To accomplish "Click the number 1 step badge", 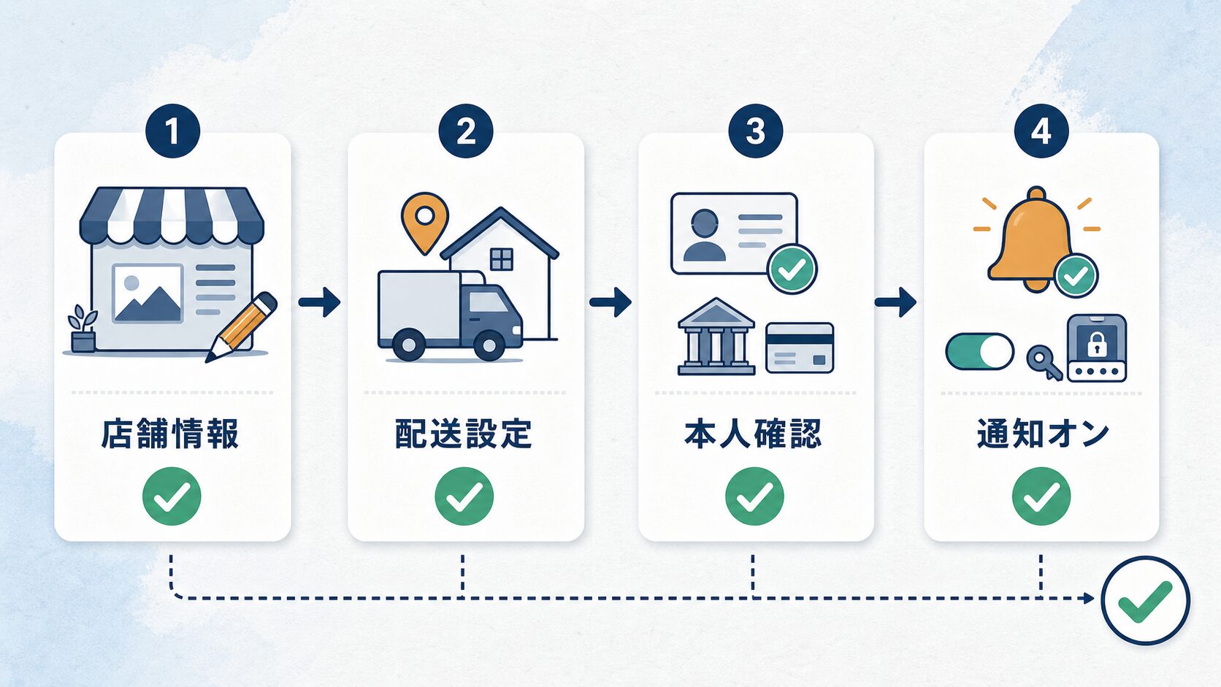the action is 173,131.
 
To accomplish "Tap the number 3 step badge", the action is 756,131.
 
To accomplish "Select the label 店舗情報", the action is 170,434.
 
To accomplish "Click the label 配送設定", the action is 463,434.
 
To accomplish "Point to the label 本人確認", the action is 753,434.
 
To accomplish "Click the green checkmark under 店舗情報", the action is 172,496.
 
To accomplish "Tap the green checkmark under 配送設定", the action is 464,496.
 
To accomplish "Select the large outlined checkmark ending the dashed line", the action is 1145,600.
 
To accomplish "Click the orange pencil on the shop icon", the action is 241,327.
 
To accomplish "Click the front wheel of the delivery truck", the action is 489,345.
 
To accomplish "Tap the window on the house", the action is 502,259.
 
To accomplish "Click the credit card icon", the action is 800,348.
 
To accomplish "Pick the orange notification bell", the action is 1030,239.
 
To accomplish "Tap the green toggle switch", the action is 979,352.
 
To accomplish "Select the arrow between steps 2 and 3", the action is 610,302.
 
